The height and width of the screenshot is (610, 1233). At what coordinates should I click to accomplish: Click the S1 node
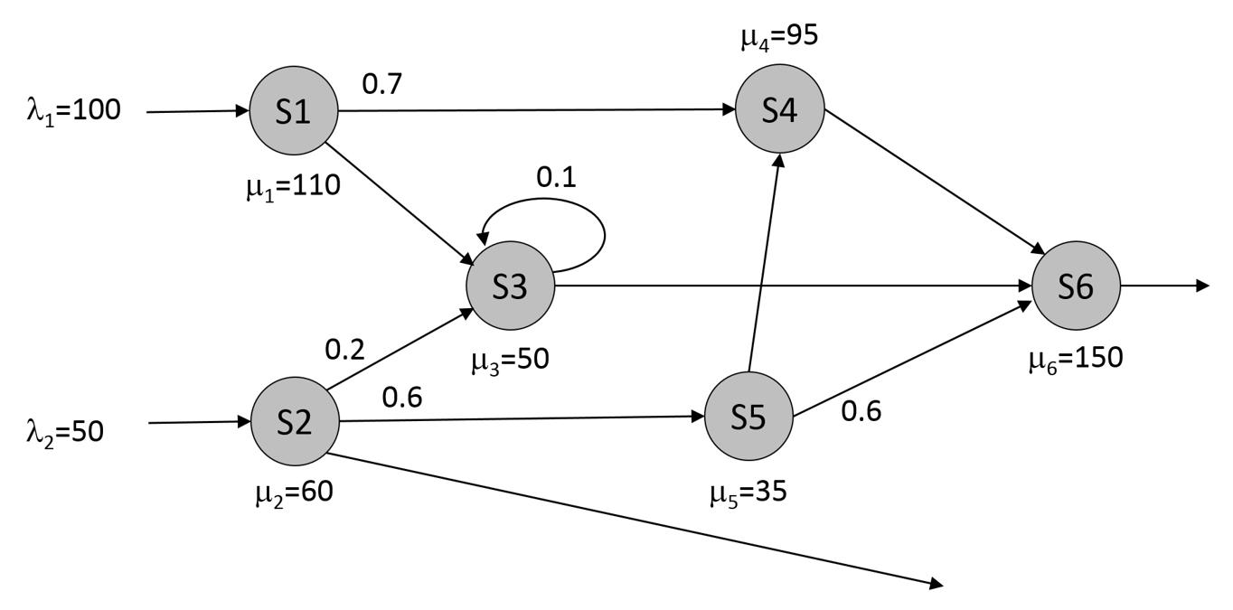[x=293, y=112]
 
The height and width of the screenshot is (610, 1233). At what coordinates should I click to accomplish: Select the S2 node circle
[x=294, y=422]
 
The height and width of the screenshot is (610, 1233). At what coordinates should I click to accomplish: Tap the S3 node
[x=510, y=286]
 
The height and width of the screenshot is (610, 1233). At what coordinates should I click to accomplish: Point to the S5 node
[x=748, y=418]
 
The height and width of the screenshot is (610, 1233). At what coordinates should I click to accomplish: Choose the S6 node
[x=1076, y=286]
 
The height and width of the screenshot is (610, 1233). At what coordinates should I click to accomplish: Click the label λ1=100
[x=72, y=111]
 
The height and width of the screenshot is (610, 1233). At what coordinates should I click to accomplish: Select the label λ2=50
[x=65, y=430]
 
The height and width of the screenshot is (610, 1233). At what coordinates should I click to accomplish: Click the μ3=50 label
[x=510, y=360]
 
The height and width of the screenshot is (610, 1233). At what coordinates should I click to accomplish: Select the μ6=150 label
[x=1075, y=358]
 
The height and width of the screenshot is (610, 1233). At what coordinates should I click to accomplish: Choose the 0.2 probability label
[x=346, y=348]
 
